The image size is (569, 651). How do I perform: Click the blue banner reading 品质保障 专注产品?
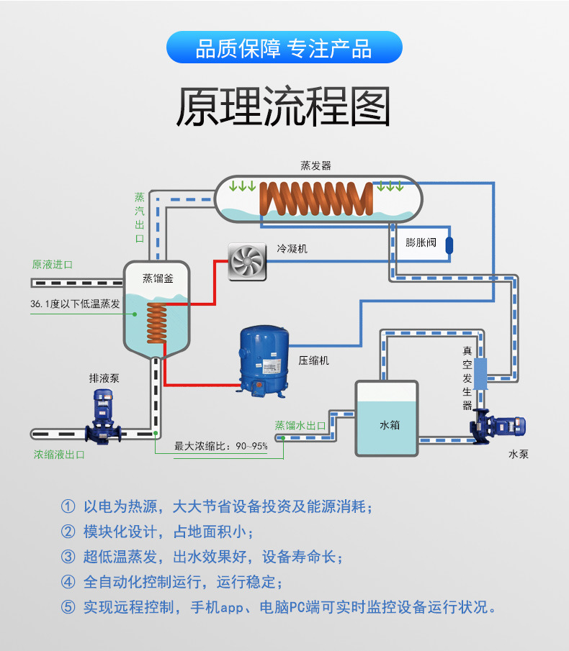point(284,47)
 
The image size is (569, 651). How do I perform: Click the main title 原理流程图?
point(284,107)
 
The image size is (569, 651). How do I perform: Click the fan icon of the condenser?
point(247,260)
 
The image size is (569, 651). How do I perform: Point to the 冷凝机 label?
point(292,249)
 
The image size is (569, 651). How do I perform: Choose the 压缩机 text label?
point(313,360)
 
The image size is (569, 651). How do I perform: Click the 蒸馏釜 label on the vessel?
point(157,276)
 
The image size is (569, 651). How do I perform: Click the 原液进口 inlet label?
point(53,265)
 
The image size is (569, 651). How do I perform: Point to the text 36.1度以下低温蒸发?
point(75,304)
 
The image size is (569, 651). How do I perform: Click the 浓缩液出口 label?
point(59,455)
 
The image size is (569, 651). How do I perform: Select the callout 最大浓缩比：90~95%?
point(221,447)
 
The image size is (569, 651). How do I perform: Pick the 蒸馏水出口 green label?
point(300,426)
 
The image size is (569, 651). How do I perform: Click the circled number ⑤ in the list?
point(68,606)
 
